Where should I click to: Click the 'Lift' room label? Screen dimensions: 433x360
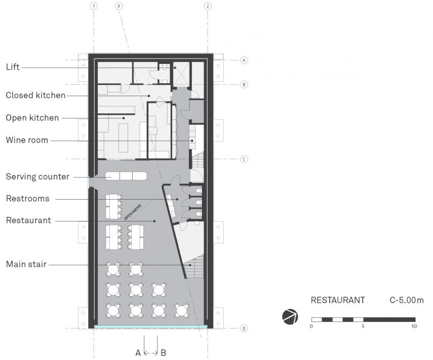tap(13, 67)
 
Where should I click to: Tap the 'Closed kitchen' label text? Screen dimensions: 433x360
tap(36, 95)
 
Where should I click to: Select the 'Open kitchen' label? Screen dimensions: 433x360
tap(32, 118)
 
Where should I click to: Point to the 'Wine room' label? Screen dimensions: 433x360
tap(27, 140)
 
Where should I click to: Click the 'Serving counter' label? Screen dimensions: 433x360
tap(37, 177)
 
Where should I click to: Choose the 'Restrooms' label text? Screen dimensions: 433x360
tap(28, 199)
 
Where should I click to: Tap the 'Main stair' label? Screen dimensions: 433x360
tap(26, 264)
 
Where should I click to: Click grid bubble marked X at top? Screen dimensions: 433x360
tap(119, 6)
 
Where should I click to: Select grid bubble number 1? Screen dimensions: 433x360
tap(94, 6)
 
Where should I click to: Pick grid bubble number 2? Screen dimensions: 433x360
tap(207, 6)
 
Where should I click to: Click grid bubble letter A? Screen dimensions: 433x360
tap(244, 60)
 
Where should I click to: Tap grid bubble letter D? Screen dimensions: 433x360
tap(244, 328)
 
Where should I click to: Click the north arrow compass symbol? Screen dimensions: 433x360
tap(290, 317)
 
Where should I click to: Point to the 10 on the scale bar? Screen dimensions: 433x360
tap(414, 326)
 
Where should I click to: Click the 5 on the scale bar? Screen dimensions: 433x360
tap(363, 326)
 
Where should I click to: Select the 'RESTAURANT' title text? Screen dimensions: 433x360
tap(338, 300)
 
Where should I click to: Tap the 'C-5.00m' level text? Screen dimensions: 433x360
tap(406, 300)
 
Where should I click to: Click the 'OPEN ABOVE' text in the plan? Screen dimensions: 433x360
tap(133, 212)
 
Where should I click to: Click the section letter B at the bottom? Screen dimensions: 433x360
tap(163, 352)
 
